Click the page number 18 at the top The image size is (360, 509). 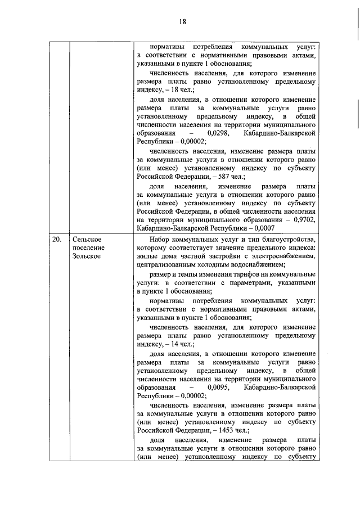182,21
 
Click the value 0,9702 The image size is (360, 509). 303,220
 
